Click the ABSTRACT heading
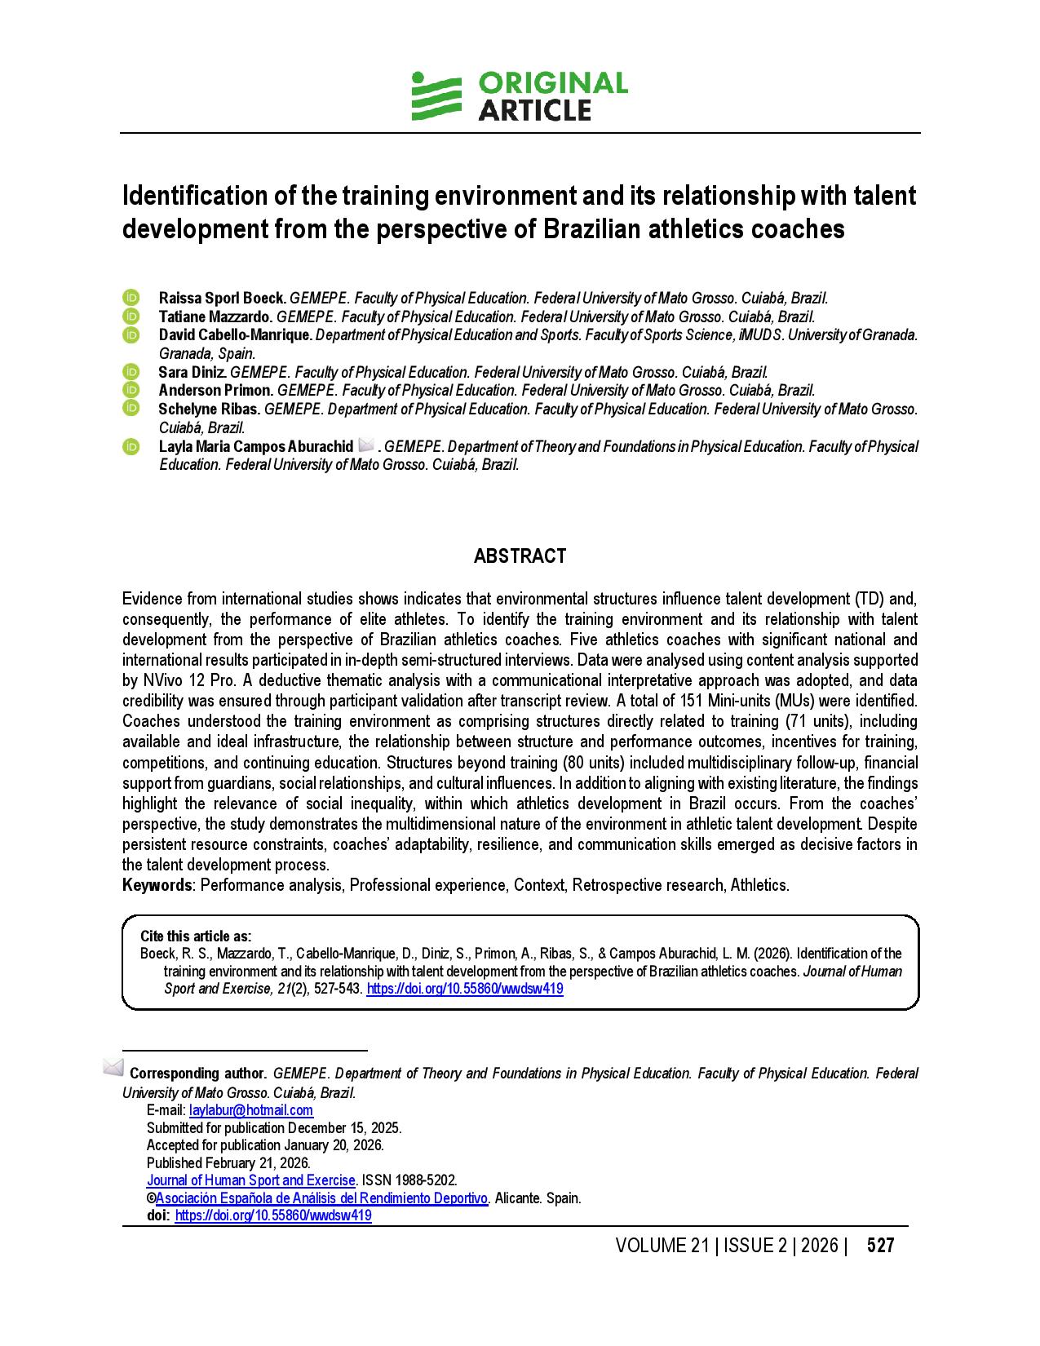[520, 556]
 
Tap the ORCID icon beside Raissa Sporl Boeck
[131, 298]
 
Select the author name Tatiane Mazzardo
[215, 317]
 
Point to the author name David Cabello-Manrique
[235, 334]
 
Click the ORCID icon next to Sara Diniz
[131, 372]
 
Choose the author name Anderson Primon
[215, 391]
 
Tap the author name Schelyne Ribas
[209, 409]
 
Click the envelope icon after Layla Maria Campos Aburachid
[366, 445]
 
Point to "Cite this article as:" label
[196, 936]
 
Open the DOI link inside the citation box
[465, 989]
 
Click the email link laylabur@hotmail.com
[251, 1110]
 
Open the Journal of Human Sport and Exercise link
[251, 1180]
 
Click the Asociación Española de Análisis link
[321, 1198]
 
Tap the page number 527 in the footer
[880, 1246]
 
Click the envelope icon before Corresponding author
[113, 1067]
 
